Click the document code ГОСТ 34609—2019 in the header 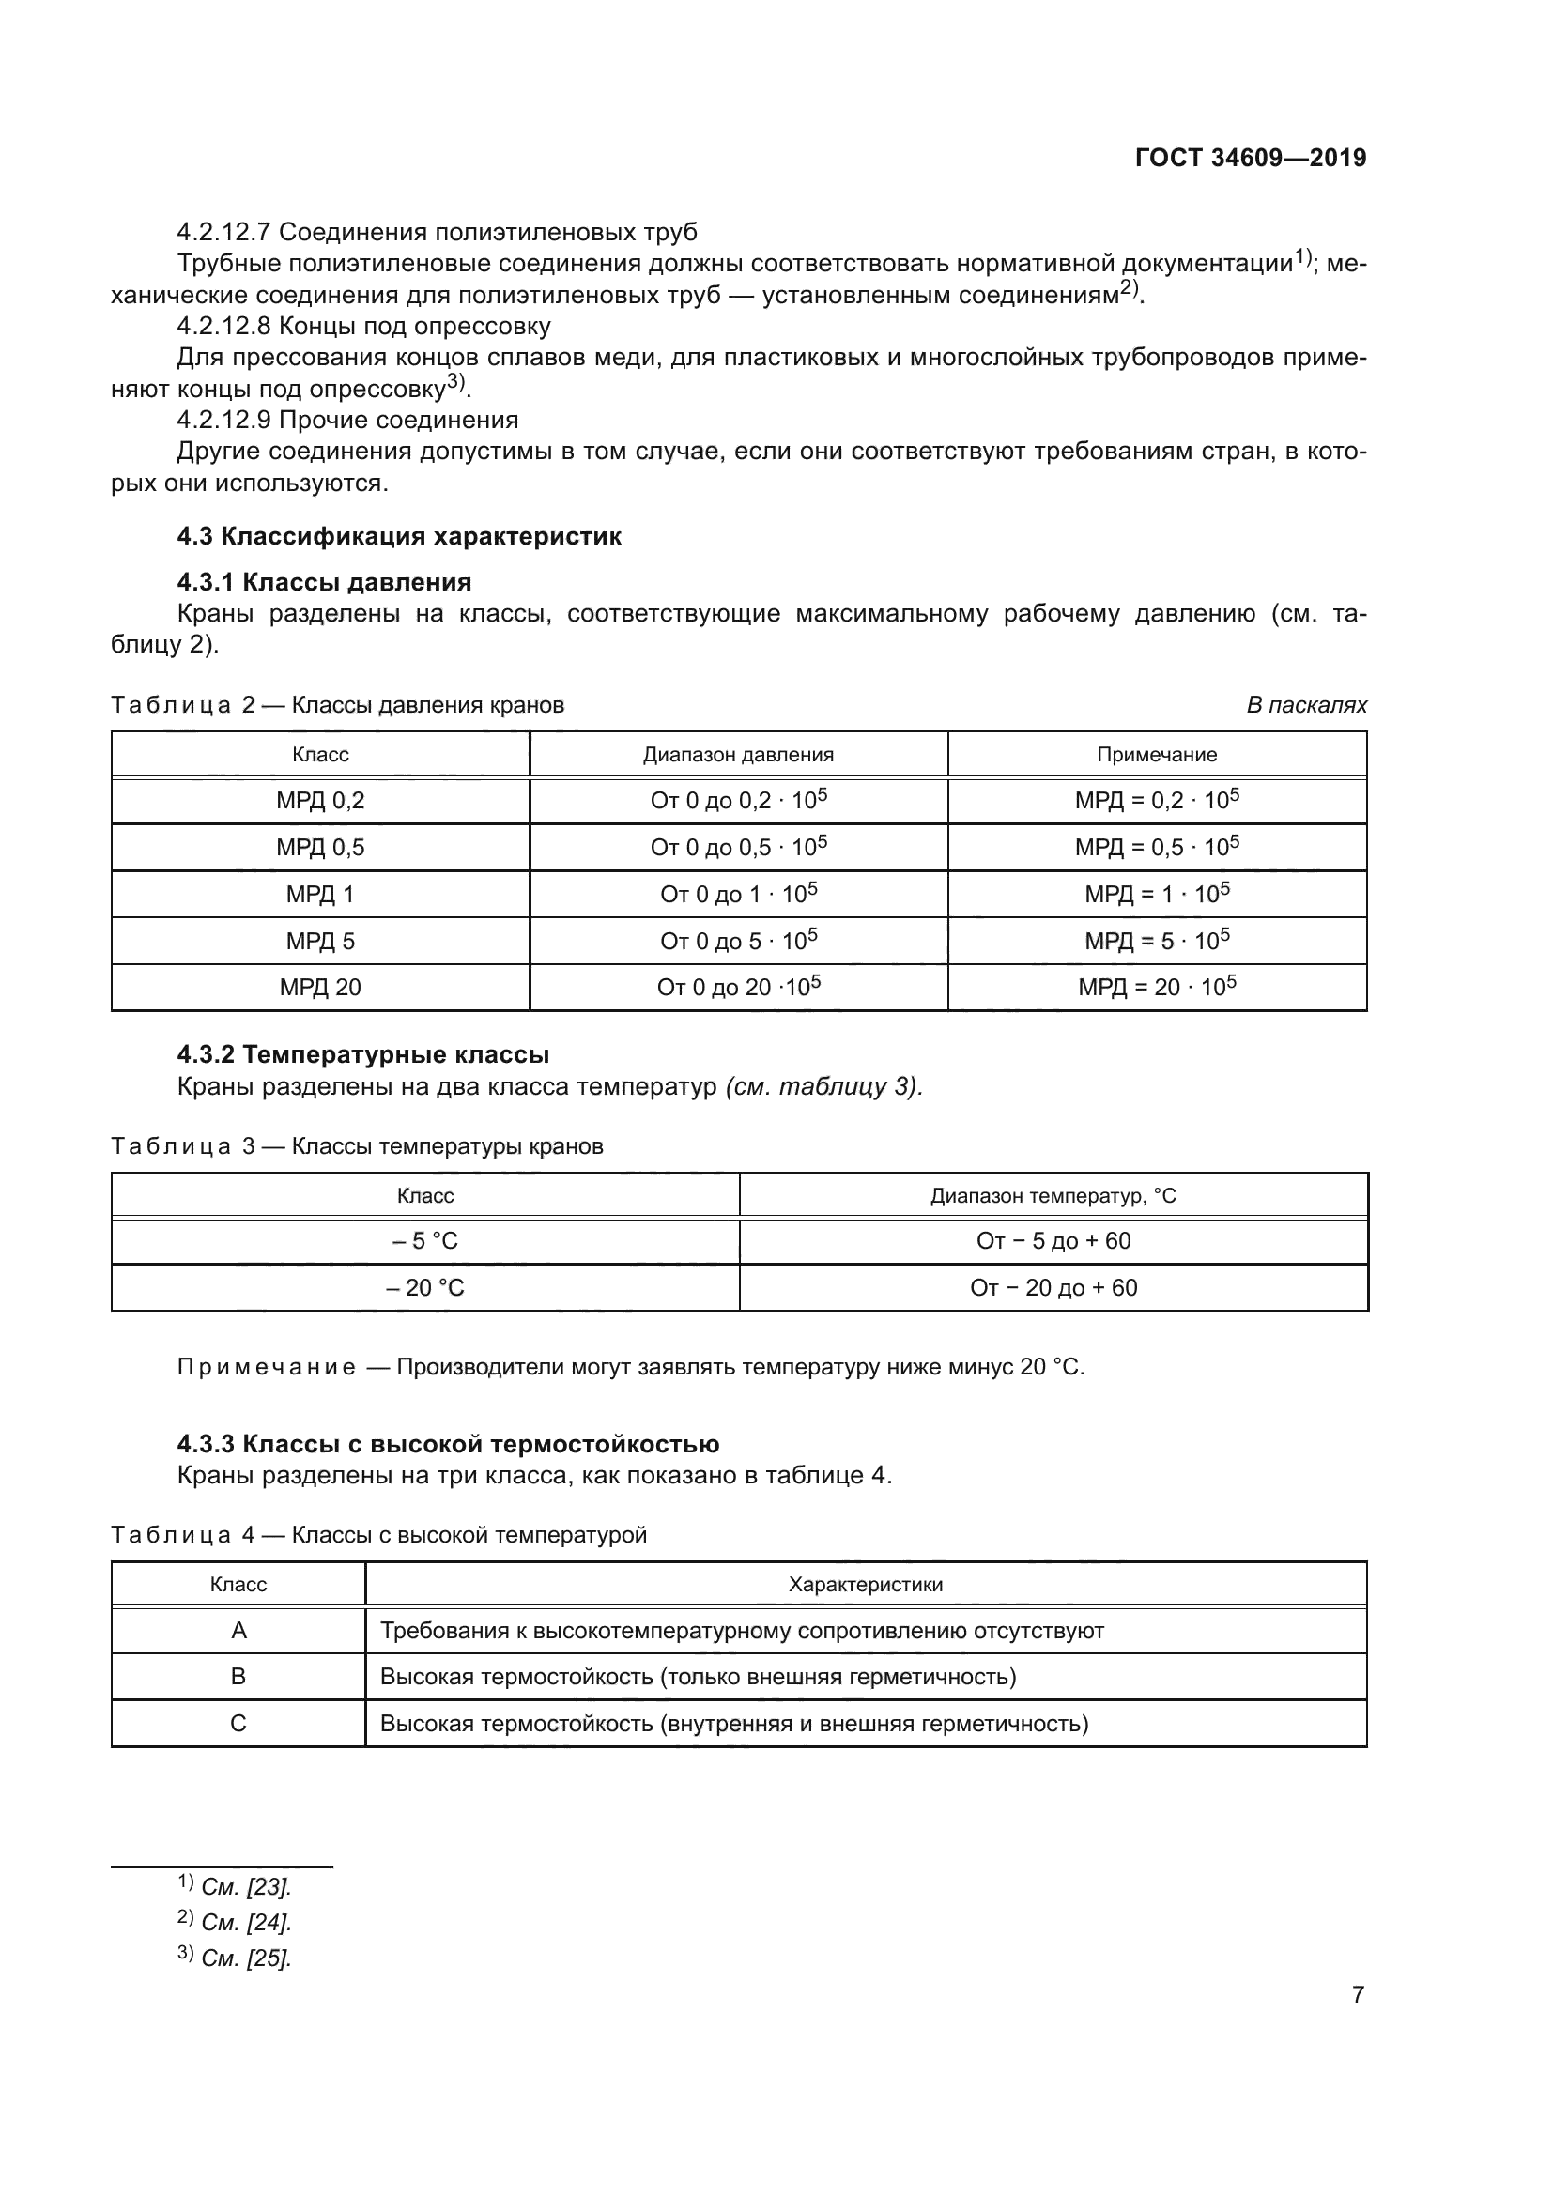(x=1250, y=158)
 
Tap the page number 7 (x=1357, y=1994)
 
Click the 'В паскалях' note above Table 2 (x=1306, y=705)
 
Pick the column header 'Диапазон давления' (x=738, y=755)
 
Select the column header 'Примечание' (x=1156, y=755)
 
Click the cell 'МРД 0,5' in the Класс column (x=320, y=848)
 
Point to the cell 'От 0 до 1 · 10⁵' (x=738, y=895)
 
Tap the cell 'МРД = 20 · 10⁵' (x=1156, y=987)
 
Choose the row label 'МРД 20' (x=320, y=987)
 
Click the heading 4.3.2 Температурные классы (x=362, y=1055)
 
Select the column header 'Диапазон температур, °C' (x=1053, y=1195)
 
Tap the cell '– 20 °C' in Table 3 (x=424, y=1287)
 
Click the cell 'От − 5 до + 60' (x=1053, y=1241)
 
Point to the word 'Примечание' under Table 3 (x=267, y=1367)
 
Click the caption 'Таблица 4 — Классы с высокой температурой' (x=378, y=1534)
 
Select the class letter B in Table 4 (x=238, y=1677)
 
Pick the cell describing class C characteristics (x=734, y=1724)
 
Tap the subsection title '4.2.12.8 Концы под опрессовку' (x=363, y=326)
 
